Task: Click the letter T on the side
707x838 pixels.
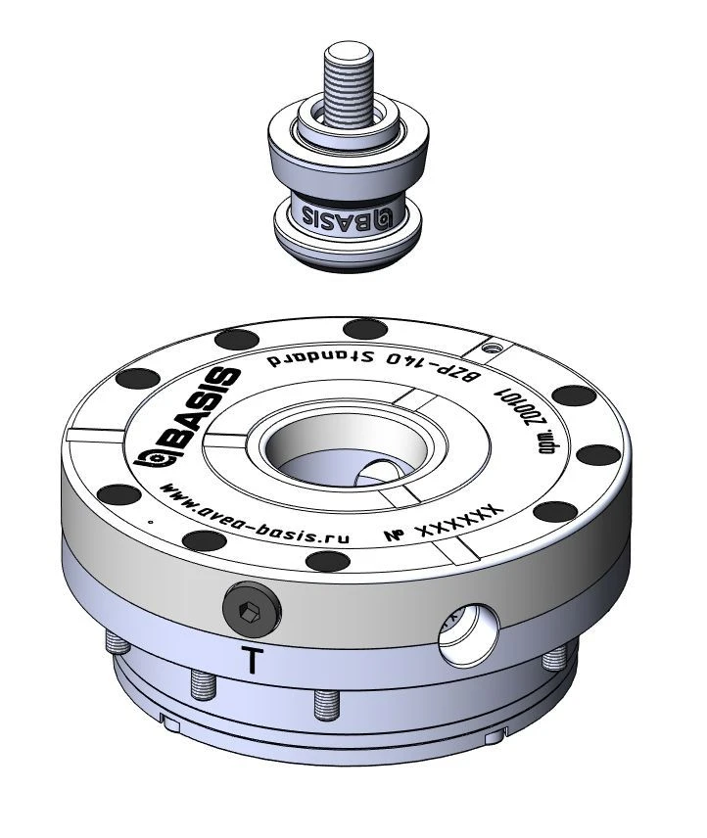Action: (x=253, y=661)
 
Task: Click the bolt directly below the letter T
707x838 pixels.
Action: (x=202, y=685)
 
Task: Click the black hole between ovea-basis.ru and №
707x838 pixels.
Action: (x=320, y=560)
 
